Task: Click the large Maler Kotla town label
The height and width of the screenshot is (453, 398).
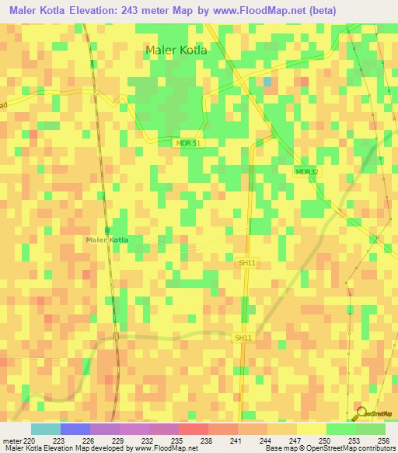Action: click(176, 51)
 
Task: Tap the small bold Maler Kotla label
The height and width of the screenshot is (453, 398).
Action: click(107, 239)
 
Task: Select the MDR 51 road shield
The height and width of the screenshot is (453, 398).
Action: click(187, 143)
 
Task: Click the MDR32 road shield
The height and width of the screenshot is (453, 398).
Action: click(307, 171)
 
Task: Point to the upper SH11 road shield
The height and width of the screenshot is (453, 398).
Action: click(246, 264)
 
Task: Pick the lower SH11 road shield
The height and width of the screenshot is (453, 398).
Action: click(243, 337)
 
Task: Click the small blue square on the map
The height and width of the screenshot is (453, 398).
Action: click(267, 81)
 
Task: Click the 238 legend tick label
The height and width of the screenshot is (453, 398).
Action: click(208, 441)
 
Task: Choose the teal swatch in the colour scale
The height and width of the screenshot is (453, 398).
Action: click(46, 429)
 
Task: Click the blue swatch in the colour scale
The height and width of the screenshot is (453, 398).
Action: click(75, 429)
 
